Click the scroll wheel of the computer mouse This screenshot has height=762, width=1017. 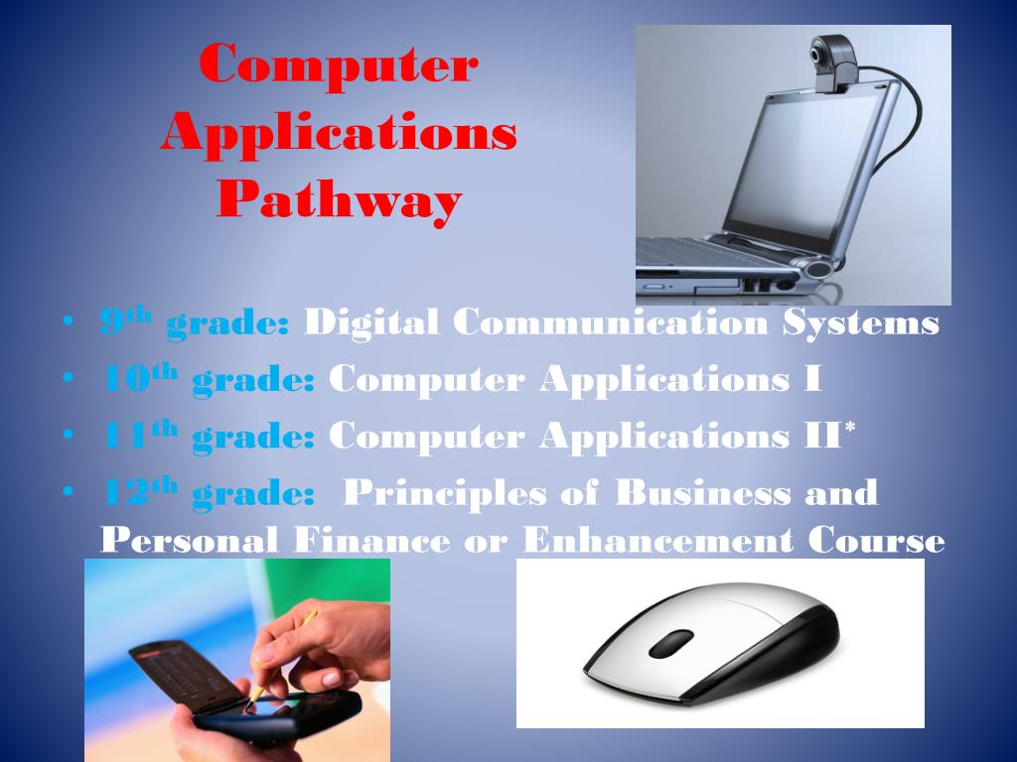coord(671,643)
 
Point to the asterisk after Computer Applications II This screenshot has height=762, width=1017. coord(849,430)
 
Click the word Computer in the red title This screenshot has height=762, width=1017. coord(339,65)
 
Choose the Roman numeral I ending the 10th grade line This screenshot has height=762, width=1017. coord(813,379)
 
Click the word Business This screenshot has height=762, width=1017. coord(703,493)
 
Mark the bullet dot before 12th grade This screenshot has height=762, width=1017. coord(68,493)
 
